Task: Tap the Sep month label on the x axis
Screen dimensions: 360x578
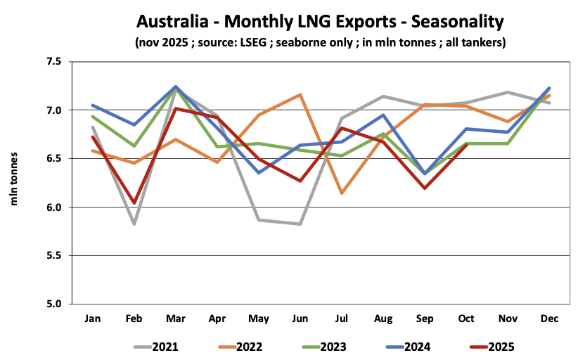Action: pos(425,319)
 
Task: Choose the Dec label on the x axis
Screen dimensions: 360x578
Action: pos(549,319)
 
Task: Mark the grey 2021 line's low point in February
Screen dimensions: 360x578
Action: pos(134,224)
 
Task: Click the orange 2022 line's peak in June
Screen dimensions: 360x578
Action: pos(300,94)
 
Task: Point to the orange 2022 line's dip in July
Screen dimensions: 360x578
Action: pos(342,193)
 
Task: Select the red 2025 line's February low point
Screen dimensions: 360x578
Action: pos(134,202)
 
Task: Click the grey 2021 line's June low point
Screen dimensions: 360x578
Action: pos(300,224)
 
